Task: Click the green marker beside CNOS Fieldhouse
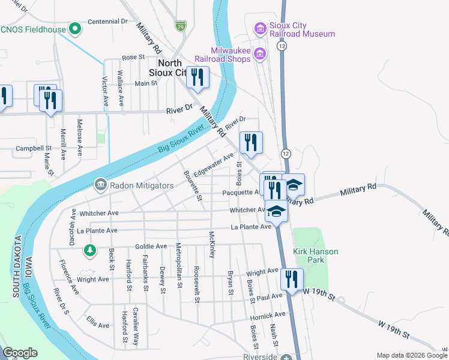[x=75, y=28]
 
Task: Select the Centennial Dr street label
[x=108, y=21]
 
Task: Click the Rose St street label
[x=134, y=58]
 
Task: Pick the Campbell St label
[x=34, y=148]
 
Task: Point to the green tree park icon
[x=90, y=249]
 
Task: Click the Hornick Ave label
[x=268, y=315]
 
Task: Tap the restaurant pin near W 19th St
[x=292, y=279]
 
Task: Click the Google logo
[x=20, y=353]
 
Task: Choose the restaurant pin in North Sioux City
[x=197, y=77]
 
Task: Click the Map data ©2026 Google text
[x=412, y=355]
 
